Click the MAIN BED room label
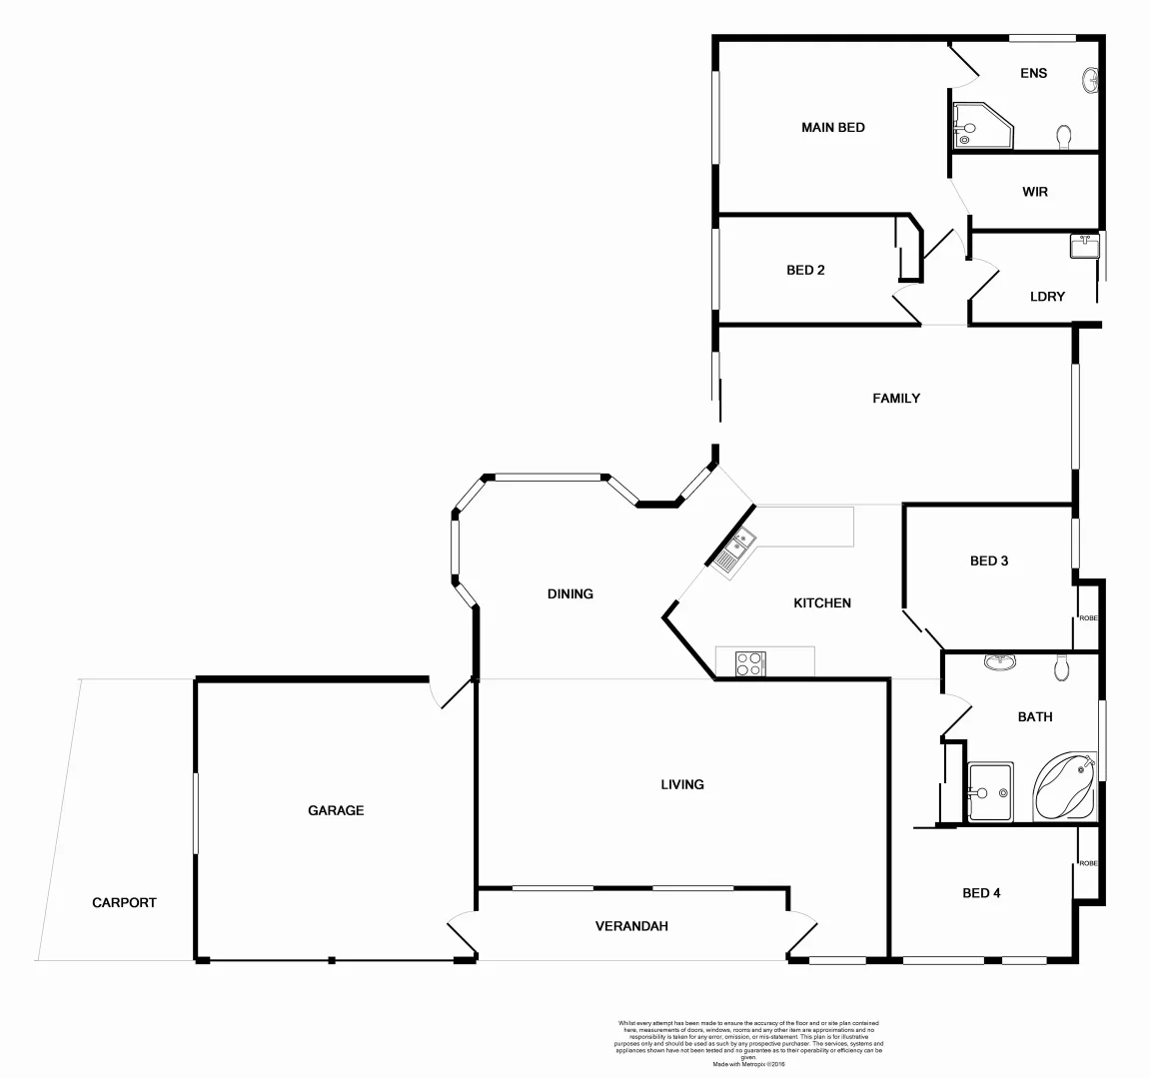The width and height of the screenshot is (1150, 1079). [832, 128]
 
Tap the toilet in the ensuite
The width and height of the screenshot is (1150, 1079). [1064, 134]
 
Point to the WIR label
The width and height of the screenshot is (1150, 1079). [1035, 192]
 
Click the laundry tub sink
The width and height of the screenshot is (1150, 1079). [1084, 246]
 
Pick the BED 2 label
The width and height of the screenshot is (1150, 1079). [805, 270]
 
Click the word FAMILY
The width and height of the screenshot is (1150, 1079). [896, 399]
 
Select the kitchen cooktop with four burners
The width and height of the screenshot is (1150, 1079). [750, 663]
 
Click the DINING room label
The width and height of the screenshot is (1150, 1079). [571, 593]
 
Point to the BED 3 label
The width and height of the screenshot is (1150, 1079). [989, 561]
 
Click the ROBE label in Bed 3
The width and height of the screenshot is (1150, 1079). [1087, 618]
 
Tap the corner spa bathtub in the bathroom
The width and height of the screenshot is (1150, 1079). [1065, 787]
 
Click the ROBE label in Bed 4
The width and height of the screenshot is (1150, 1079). [1087, 863]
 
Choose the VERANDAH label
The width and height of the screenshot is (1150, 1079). [631, 926]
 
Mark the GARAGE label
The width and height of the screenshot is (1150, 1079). [336, 810]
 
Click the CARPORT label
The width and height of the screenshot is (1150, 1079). [124, 902]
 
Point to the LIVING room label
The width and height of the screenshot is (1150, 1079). [682, 784]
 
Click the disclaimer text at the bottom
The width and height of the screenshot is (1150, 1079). [748, 1043]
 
